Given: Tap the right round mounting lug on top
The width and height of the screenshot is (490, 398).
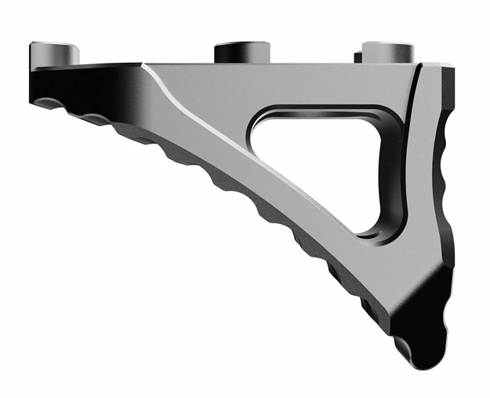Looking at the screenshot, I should [x=388, y=51].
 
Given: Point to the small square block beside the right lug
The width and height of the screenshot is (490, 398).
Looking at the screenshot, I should [x=358, y=57].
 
